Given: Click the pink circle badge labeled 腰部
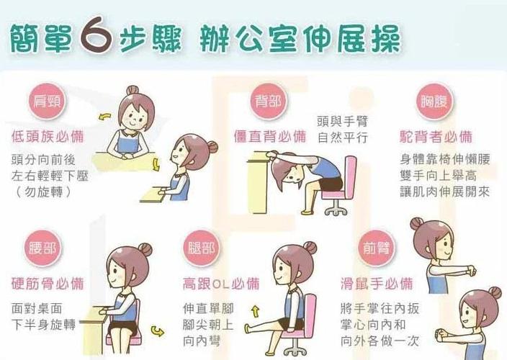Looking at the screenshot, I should coord(40,248).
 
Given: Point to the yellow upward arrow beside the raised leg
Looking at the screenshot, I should coord(254,311).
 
